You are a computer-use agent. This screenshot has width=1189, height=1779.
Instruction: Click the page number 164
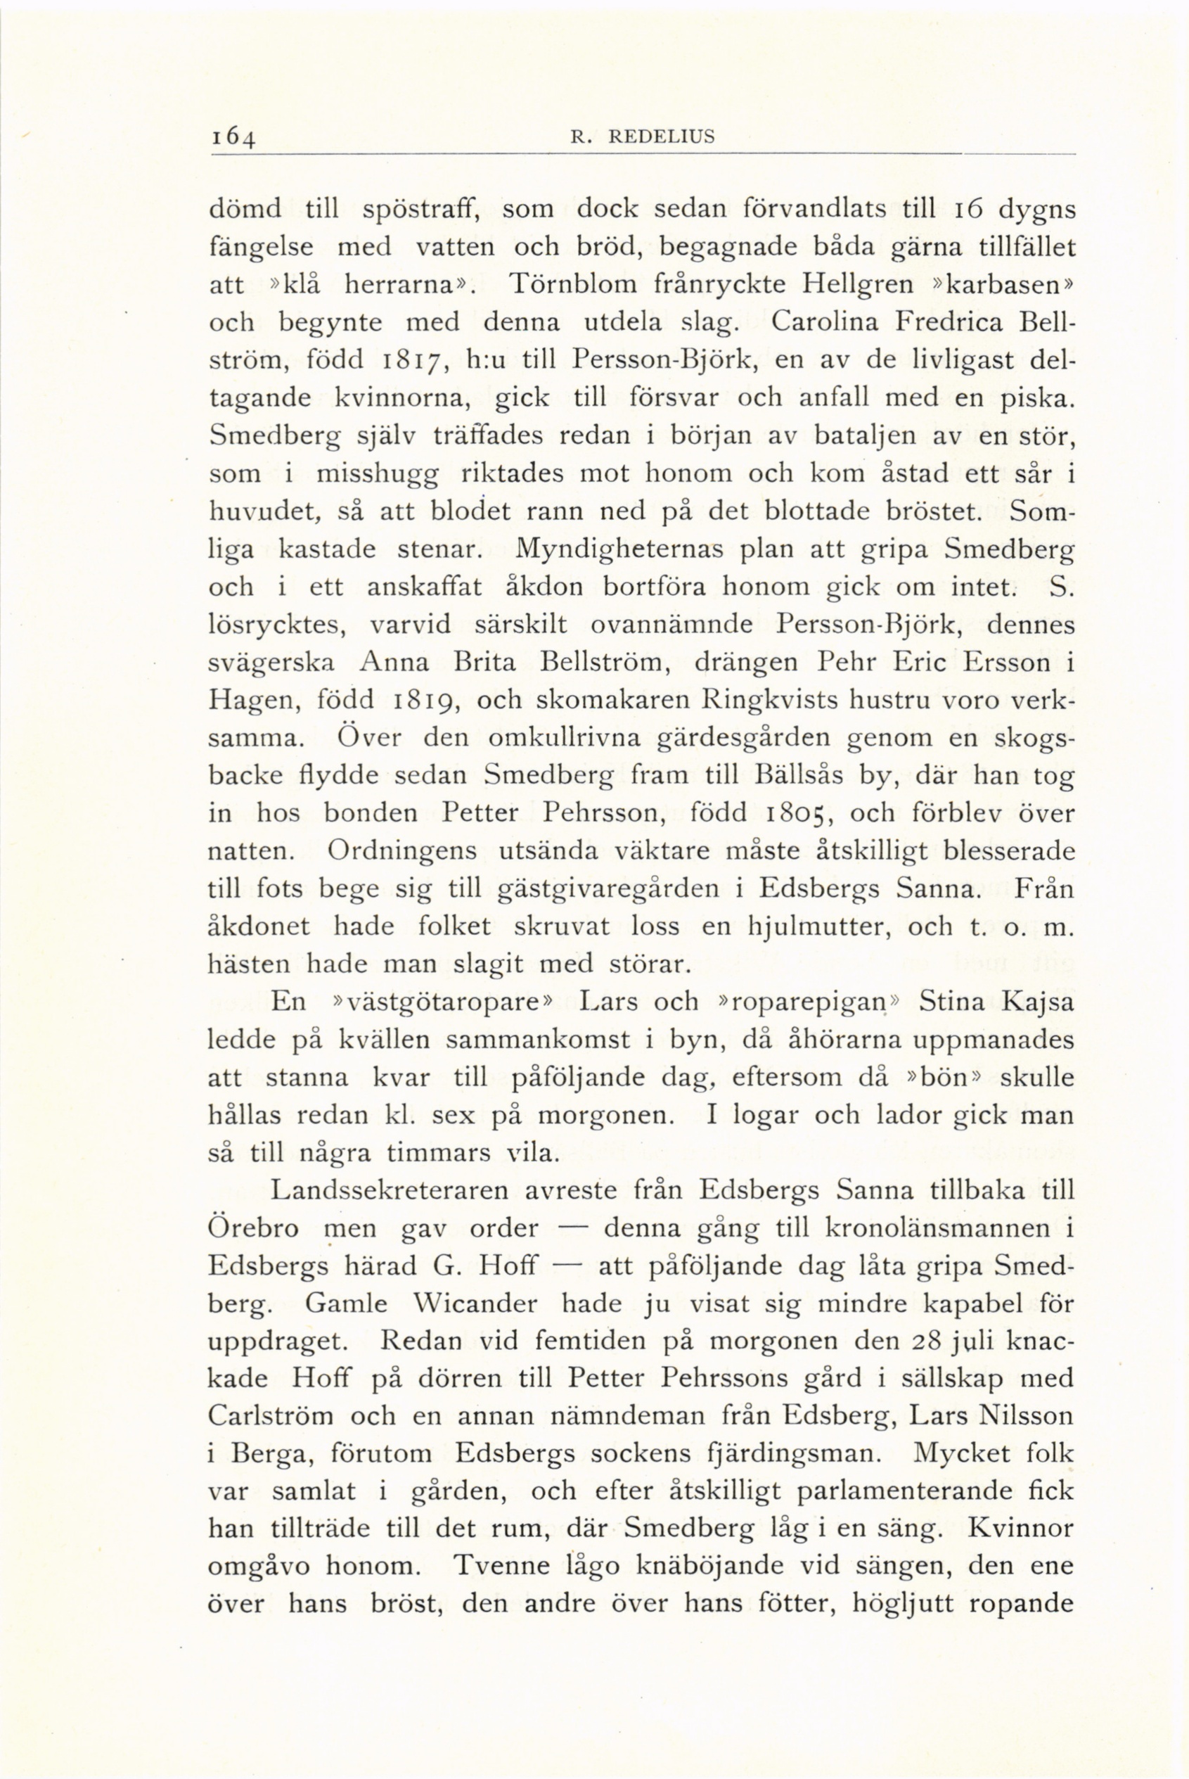pos(234,139)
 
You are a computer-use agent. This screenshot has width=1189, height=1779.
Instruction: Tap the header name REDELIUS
pos(664,136)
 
